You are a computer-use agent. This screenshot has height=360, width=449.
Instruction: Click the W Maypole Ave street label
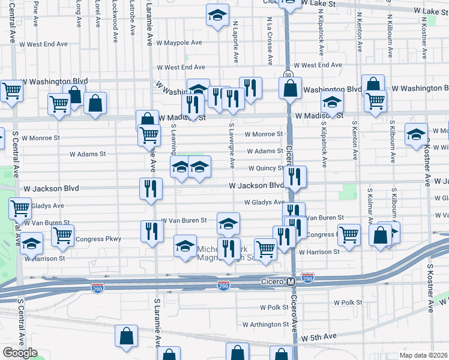click(x=179, y=43)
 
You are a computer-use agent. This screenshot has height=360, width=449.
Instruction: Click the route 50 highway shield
click(x=289, y=74)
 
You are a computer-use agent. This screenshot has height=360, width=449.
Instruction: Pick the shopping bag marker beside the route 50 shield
click(x=290, y=89)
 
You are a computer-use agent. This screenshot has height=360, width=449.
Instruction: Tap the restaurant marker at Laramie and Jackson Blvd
click(x=151, y=188)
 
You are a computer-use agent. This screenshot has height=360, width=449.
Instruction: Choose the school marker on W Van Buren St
click(x=228, y=224)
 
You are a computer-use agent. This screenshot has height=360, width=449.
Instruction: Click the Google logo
click(x=20, y=353)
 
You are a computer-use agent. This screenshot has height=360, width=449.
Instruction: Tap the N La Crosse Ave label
click(x=270, y=38)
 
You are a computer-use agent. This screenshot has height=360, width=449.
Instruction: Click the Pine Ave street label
click(x=37, y=13)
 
